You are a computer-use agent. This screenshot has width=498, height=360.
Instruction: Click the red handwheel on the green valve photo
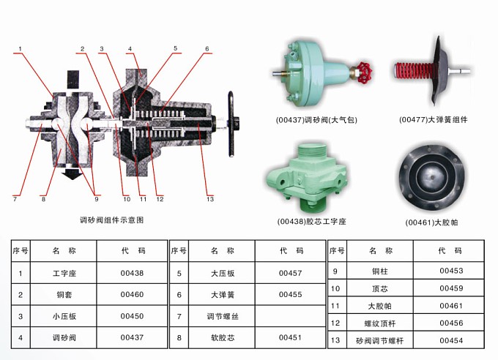364,72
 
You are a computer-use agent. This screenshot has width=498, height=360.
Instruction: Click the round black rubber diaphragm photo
432,178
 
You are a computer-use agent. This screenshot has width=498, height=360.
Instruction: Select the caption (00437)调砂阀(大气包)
316,120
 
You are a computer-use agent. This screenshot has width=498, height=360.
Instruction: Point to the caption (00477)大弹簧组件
434,120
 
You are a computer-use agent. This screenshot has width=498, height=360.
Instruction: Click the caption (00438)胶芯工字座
311,221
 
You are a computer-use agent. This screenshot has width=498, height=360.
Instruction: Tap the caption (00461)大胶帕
431,222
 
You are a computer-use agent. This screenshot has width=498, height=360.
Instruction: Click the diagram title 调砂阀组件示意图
112,220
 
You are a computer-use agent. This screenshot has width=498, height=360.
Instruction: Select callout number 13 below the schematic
210,199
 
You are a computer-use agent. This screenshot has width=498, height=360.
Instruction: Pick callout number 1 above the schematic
21,49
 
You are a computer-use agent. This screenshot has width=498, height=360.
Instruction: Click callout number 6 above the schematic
207,49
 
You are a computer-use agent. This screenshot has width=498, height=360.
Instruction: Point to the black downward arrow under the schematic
73,173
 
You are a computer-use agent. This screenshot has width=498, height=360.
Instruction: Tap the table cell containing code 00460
132,295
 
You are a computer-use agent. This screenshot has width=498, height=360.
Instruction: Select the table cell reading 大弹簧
223,295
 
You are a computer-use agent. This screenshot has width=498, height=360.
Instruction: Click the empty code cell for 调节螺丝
290,316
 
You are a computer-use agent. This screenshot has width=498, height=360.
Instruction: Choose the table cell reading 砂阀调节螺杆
380,341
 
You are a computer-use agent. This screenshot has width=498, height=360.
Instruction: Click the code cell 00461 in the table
451,306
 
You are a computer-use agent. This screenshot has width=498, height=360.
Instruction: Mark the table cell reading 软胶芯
223,337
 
